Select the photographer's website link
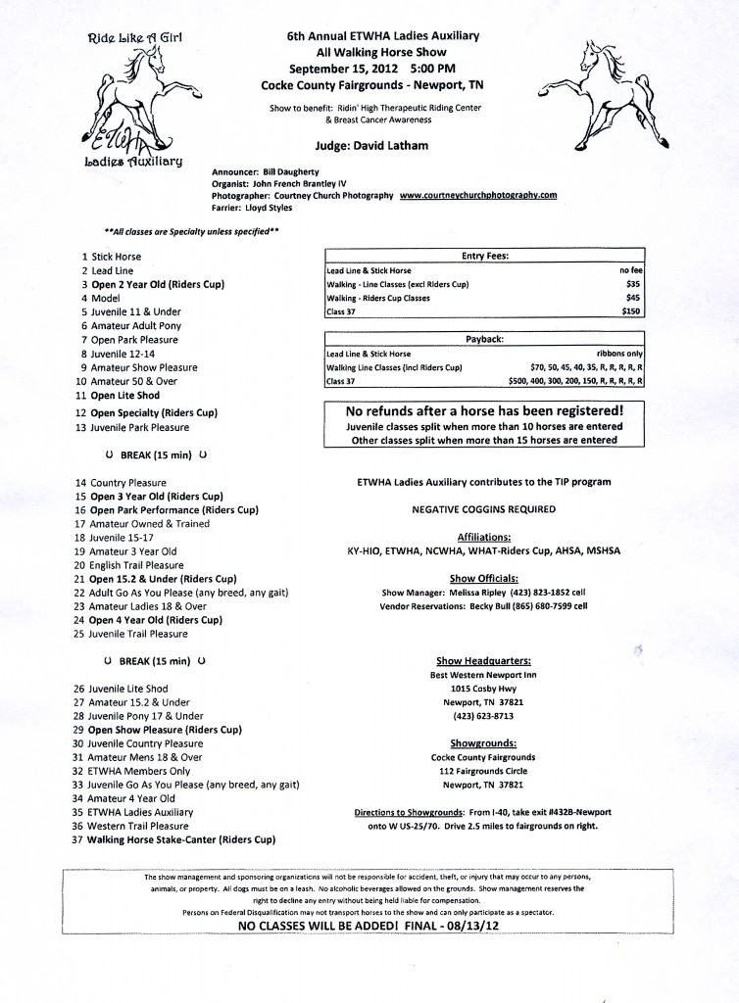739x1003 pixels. [x=478, y=195]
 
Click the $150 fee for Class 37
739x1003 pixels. [x=630, y=311]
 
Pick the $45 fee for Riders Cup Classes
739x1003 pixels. [x=632, y=298]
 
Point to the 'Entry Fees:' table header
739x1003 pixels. [x=484, y=256]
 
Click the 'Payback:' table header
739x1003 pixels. [x=484, y=339]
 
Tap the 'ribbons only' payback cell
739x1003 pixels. [x=619, y=354]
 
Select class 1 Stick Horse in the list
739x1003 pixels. [x=116, y=257]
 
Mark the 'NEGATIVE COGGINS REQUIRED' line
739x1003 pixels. [x=484, y=509]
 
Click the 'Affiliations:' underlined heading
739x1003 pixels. [x=484, y=537]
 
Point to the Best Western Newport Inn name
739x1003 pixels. [x=484, y=675]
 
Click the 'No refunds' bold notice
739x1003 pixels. [x=484, y=411]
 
